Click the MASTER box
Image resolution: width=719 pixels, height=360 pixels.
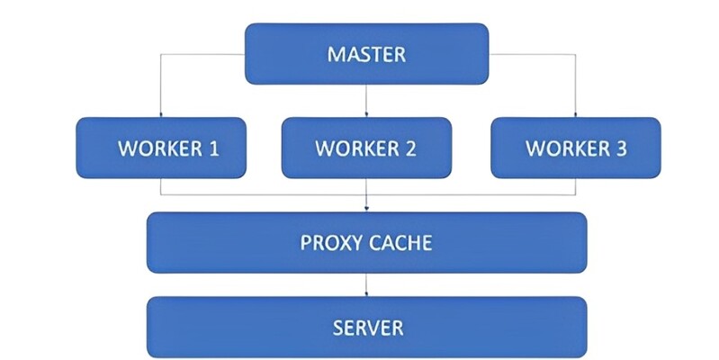click(366, 54)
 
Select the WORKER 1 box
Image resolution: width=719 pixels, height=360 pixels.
click(160, 148)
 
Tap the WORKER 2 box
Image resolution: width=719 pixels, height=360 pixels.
click(366, 148)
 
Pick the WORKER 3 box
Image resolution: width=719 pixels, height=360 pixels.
click(575, 148)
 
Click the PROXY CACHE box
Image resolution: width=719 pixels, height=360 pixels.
click(366, 242)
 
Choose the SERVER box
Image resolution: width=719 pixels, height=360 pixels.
click(366, 325)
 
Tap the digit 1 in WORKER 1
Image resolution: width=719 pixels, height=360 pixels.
click(213, 148)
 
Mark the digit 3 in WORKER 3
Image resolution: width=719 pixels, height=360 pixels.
click(620, 148)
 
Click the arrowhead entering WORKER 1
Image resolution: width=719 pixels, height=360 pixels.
click(160, 114)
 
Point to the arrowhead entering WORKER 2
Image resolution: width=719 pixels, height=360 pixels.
click(366, 114)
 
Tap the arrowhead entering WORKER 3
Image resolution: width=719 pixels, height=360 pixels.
click(575, 114)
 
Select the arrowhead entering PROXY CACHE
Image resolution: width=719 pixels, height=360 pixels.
click(366, 209)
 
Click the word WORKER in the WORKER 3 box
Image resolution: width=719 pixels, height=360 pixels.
click(564, 148)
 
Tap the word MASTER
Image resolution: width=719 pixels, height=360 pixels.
click(366, 54)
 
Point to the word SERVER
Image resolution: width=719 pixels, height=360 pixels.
click(366, 325)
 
